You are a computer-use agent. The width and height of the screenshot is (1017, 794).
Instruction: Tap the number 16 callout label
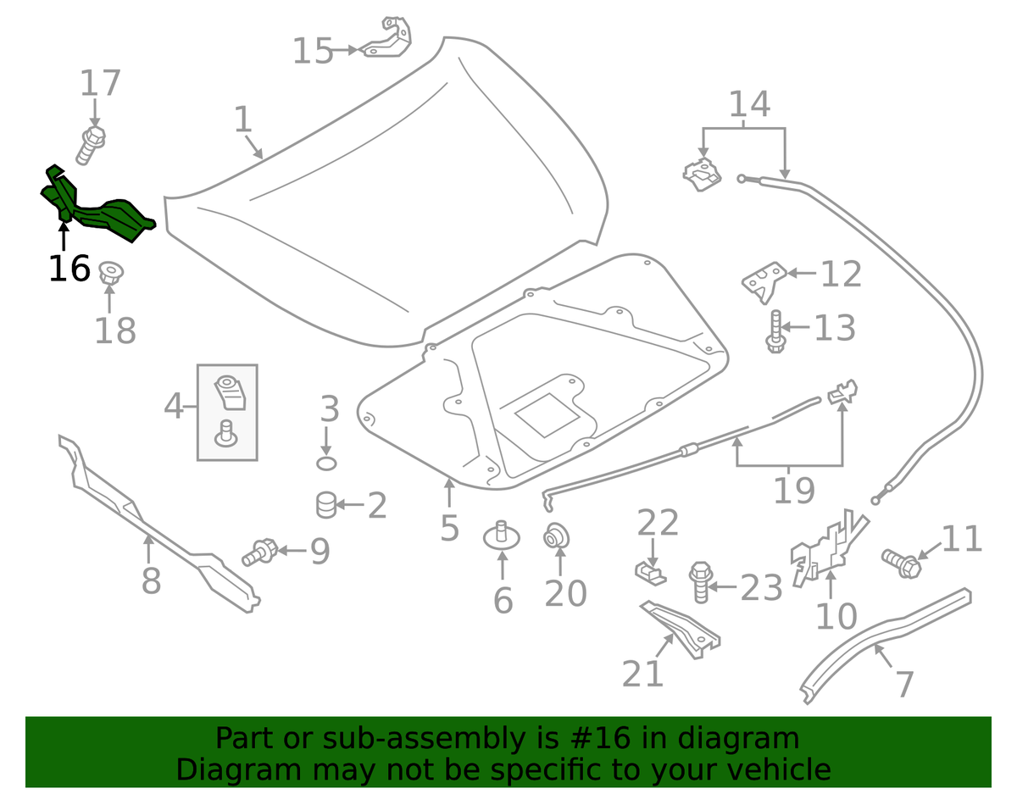pyautogui.click(x=69, y=269)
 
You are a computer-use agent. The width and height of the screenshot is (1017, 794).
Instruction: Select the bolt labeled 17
pyautogui.click(x=92, y=145)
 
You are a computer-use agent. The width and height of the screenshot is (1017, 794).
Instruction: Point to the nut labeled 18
pyautogui.click(x=109, y=274)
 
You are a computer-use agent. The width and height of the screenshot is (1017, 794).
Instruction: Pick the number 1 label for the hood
pyautogui.click(x=243, y=119)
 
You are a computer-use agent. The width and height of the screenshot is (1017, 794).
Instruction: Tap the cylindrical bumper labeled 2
pyautogui.click(x=326, y=505)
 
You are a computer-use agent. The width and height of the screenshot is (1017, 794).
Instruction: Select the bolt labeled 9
pyautogui.click(x=260, y=552)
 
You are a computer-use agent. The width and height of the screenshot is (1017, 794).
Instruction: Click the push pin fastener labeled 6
pyautogui.click(x=502, y=536)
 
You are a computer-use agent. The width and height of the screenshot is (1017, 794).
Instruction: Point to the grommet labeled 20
pyautogui.click(x=558, y=536)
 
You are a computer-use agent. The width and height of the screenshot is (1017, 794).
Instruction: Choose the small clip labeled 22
pyautogui.click(x=650, y=571)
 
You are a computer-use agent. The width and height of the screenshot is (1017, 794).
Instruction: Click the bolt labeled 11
pyautogui.click(x=900, y=562)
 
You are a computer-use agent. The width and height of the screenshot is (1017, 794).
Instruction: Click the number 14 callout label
pyautogui.click(x=749, y=104)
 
